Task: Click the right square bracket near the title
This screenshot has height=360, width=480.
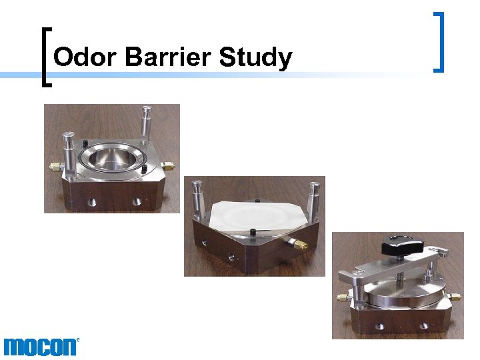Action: point(439,42)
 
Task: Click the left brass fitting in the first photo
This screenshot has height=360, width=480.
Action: point(52,165)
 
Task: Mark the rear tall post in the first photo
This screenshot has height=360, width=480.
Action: point(146,121)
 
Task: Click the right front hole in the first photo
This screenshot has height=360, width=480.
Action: point(137,201)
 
